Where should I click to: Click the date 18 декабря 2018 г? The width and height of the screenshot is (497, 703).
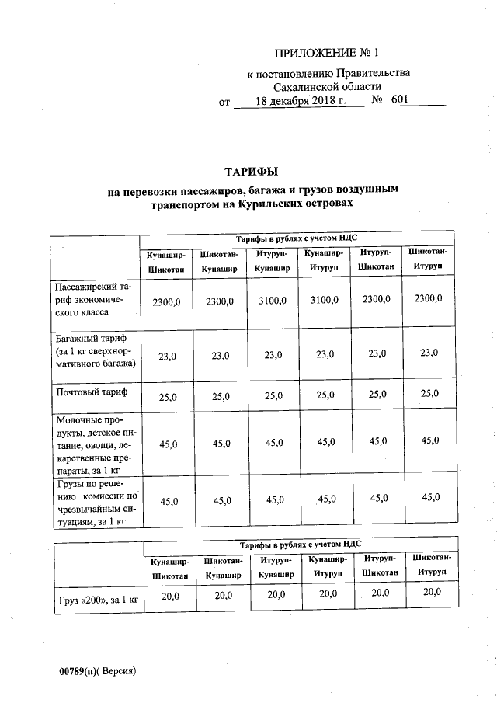point(300,101)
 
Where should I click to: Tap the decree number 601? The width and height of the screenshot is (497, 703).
point(399,101)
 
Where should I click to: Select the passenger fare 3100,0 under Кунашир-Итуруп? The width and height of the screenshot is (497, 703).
point(325,301)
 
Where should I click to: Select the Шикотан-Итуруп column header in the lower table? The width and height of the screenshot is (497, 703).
point(430,565)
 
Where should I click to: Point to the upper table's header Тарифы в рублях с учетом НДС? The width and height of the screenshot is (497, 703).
point(296,238)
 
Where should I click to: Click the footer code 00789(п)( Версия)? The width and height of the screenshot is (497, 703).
point(97,670)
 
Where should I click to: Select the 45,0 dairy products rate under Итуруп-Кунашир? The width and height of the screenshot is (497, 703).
point(273,444)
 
